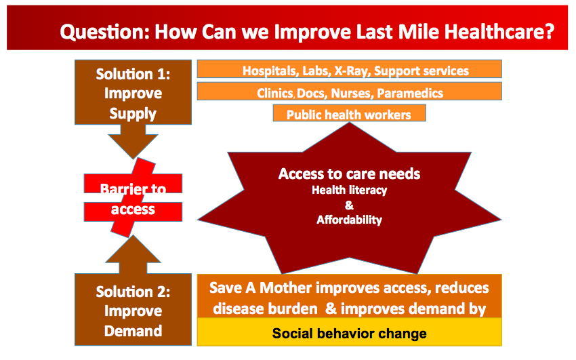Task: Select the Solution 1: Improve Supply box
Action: pos(133,92)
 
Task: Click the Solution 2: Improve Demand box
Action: pos(133,310)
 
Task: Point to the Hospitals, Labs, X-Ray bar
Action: pos(350,69)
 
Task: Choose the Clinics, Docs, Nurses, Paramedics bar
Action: pos(350,92)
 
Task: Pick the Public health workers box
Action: pos(350,113)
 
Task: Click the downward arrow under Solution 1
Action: pos(133,142)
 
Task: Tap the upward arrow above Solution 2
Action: pos(133,254)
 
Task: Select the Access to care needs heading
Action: pos(350,174)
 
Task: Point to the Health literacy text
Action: pos(350,190)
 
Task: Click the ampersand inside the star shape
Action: pos(350,205)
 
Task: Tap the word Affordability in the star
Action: pos(350,220)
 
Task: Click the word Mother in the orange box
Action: pos(286,288)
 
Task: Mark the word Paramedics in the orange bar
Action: pos(410,94)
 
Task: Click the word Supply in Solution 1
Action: pos(133,113)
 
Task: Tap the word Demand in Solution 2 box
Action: pos(133,331)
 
